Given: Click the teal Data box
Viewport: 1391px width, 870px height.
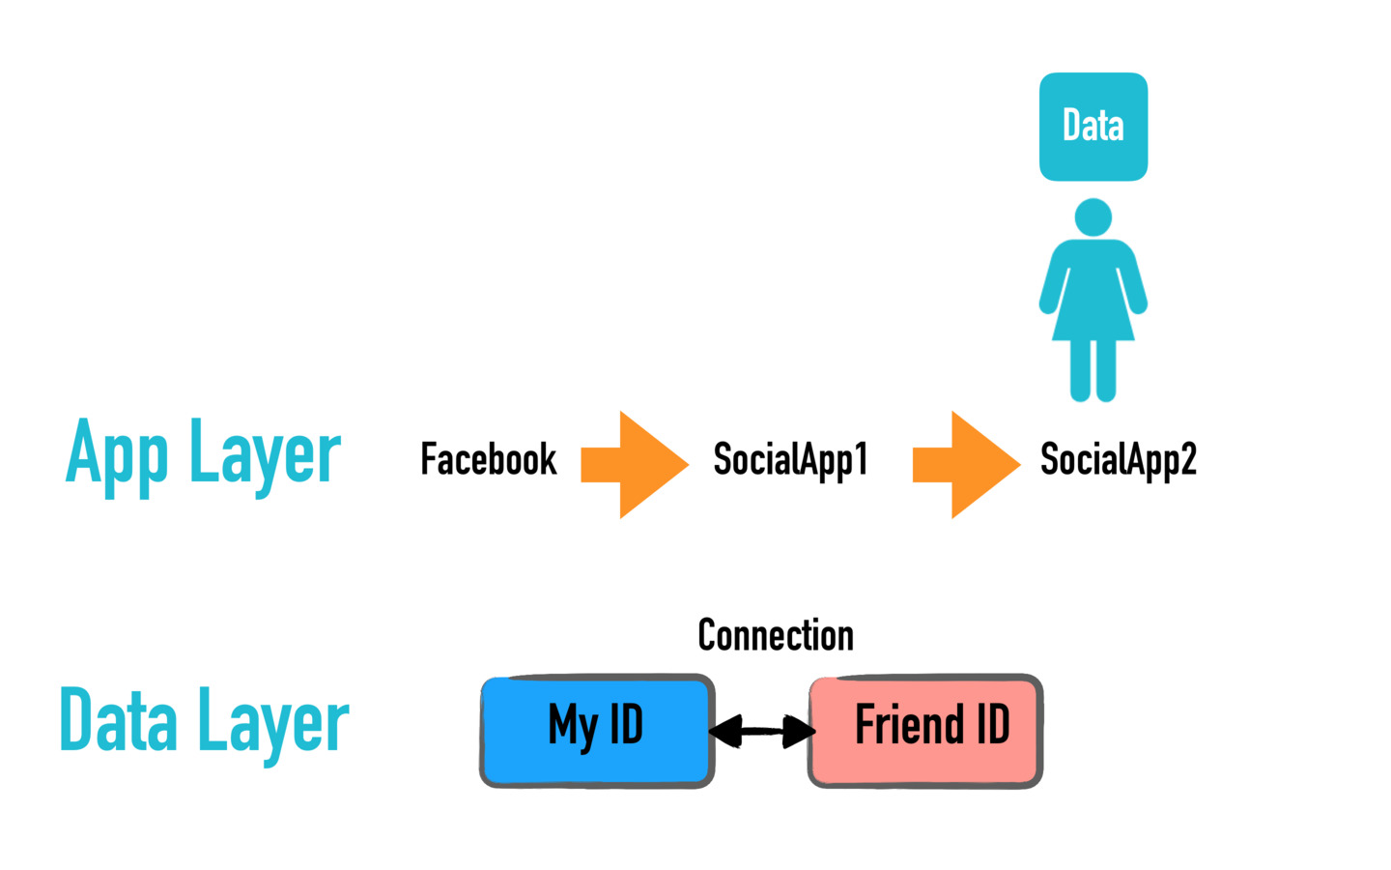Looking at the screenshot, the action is pos(1093,127).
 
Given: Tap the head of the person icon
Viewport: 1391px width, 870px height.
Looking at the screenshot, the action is pos(1093,217).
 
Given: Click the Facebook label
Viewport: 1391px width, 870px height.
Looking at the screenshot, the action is pos(488,459).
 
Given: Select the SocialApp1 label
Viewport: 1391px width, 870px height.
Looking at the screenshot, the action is pos(790,460).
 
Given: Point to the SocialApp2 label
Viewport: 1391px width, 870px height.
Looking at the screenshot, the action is pos(1119,460).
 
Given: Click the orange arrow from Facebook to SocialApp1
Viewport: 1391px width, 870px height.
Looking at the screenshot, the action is pos(635,464).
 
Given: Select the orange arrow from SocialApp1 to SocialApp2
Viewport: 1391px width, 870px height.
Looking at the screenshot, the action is pos(966,464).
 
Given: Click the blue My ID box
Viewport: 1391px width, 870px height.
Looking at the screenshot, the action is pos(597,731).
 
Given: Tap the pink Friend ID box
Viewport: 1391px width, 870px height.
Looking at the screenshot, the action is pos(925,731).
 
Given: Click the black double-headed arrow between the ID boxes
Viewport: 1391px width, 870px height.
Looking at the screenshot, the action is pos(762,731).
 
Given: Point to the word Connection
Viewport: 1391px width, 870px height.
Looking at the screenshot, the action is pos(776,635).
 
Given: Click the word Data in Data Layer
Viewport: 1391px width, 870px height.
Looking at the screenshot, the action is pos(118,719).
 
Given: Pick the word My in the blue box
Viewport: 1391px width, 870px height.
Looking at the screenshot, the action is pos(573,728).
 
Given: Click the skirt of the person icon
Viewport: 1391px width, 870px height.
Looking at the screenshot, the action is pos(1093,307).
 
